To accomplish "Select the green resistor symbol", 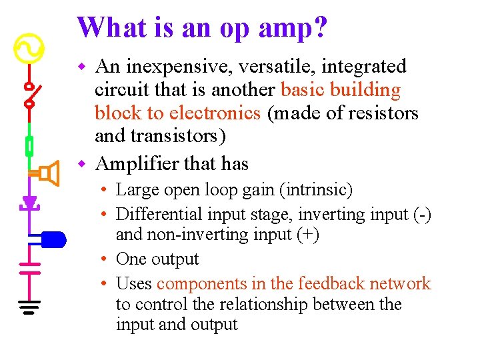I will pyautogui.click(x=29, y=145).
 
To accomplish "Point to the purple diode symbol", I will pyautogui.click(x=29, y=202).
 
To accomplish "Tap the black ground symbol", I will pyautogui.click(x=29, y=306).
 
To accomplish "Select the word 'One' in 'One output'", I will pyautogui.click(x=131, y=259).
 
